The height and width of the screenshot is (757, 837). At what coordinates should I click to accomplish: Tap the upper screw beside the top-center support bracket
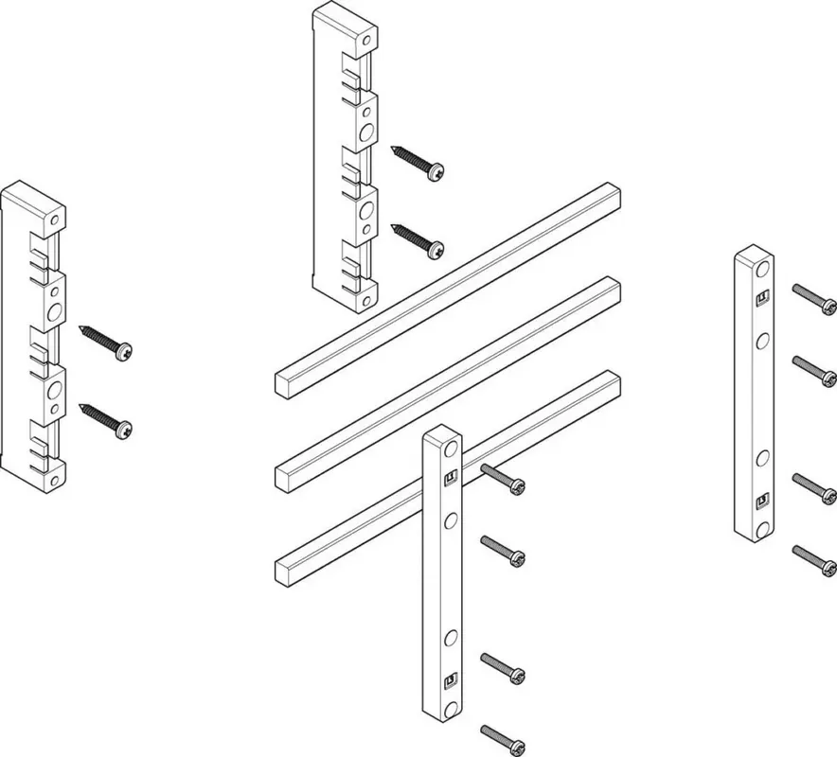coord(418,162)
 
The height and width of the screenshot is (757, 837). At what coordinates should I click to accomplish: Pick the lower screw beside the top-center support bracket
coord(418,239)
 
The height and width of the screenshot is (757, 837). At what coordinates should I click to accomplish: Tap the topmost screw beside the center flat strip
coord(503,479)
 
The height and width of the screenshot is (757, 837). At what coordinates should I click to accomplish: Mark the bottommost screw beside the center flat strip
coord(503,739)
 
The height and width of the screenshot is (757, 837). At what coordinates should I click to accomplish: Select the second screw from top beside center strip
coord(503,552)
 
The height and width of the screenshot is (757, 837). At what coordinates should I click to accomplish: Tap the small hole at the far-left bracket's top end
coord(56,220)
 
